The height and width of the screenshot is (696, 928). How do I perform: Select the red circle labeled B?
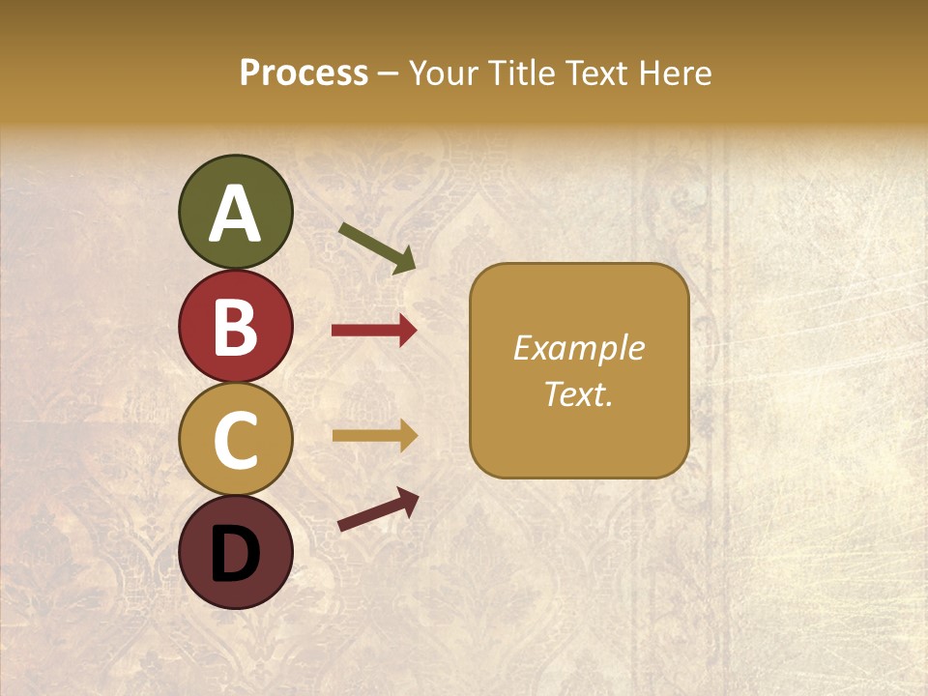coord(235,326)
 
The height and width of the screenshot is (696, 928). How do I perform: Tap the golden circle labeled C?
coord(235,440)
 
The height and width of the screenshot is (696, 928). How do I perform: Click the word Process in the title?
coord(304,73)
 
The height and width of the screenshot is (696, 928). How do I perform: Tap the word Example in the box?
coord(578,348)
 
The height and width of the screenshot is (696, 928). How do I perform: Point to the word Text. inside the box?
coord(578,393)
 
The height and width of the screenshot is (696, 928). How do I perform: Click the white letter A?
coord(235,214)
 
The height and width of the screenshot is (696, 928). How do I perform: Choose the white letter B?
coord(235,327)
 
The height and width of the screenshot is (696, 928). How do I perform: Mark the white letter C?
coord(235,441)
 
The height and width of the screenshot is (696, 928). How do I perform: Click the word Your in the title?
coord(446,73)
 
